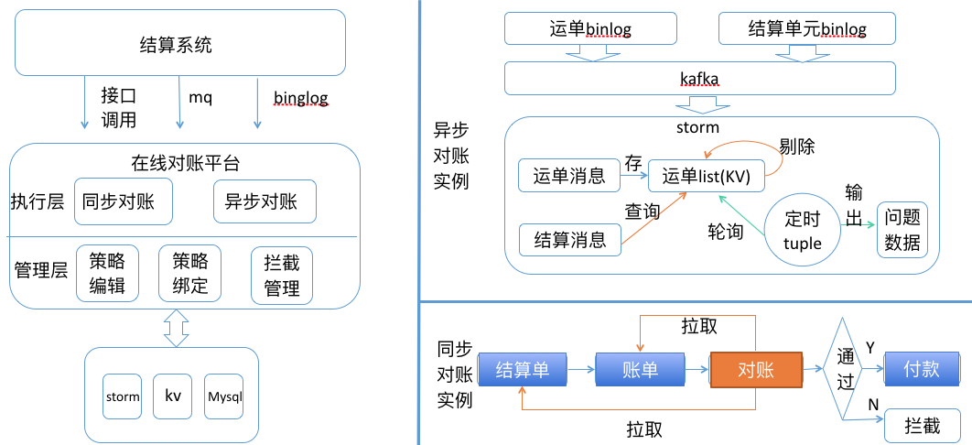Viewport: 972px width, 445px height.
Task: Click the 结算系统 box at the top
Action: (x=179, y=43)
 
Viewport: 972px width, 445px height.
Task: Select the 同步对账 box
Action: (x=123, y=202)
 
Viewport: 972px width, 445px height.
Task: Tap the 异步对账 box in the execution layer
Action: (x=265, y=201)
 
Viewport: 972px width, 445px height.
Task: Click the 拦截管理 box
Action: (x=282, y=276)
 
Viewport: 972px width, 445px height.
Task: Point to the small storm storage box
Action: (x=123, y=396)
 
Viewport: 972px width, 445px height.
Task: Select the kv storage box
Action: (x=172, y=396)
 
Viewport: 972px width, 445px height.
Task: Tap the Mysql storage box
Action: (x=224, y=396)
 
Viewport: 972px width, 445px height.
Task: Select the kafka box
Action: (x=700, y=78)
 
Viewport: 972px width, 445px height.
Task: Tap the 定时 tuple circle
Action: (x=802, y=229)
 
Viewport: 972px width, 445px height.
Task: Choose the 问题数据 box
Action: (x=902, y=229)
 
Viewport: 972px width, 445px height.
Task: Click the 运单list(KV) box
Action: (x=706, y=177)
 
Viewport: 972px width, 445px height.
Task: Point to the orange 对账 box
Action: (x=756, y=370)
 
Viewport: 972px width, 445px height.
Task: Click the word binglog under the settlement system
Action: (x=300, y=98)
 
